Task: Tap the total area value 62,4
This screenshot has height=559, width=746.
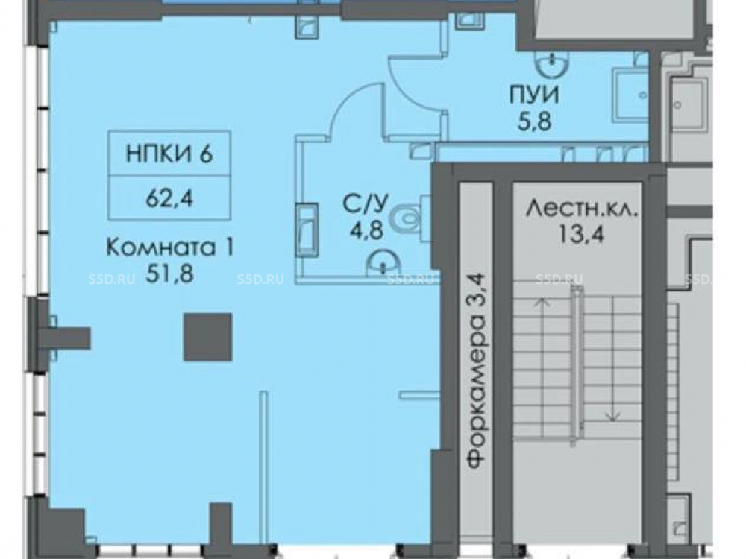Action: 169,198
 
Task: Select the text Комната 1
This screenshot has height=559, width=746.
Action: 169,247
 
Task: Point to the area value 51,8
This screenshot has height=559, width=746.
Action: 169,274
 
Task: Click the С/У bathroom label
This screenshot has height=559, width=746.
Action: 366,204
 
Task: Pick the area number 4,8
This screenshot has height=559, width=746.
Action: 366,232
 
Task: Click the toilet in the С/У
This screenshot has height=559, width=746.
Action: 408,219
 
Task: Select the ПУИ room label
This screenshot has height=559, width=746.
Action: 534,95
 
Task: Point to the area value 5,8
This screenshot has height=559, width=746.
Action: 534,121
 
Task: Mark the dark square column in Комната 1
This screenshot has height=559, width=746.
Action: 208,337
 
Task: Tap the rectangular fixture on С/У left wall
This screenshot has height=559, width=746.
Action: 307,230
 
